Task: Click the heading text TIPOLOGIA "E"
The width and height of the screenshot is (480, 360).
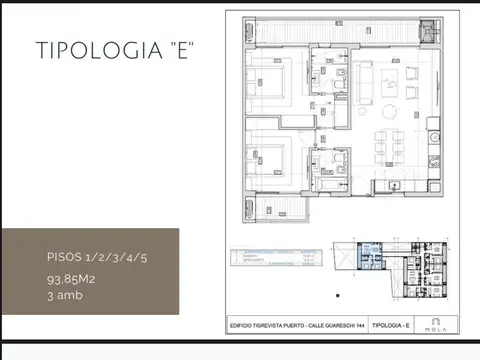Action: coord(114,50)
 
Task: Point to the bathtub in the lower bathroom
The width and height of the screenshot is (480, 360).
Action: coord(331,184)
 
